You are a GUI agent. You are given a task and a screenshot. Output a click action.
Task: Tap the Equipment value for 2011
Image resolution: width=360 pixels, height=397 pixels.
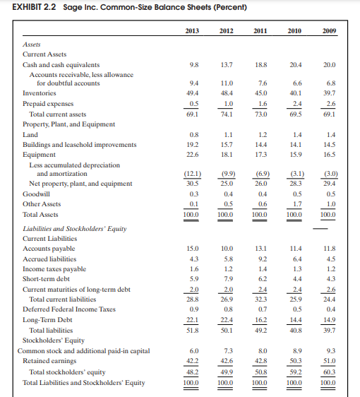(260, 154)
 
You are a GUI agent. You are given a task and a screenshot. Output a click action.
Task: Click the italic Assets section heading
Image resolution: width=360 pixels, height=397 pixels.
(32, 43)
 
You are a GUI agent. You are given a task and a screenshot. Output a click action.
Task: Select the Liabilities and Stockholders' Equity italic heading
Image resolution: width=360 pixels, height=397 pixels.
(74, 228)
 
